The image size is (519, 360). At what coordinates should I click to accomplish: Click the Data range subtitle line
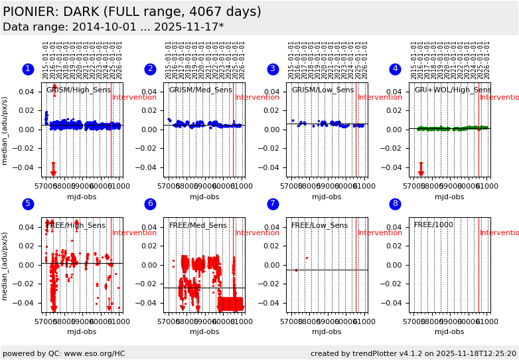pyautogui.click(x=113, y=27)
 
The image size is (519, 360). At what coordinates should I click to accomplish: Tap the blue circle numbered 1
pyautogui.click(x=28, y=69)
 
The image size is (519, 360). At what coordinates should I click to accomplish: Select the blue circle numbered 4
pyautogui.click(x=396, y=69)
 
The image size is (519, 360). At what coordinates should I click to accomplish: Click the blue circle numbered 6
pyautogui.click(x=151, y=205)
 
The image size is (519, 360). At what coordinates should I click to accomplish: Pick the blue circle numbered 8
pyautogui.click(x=396, y=205)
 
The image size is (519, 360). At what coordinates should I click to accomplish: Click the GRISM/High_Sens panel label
pyautogui.click(x=78, y=90)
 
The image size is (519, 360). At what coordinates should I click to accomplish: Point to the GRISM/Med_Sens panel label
pyautogui.click(x=200, y=90)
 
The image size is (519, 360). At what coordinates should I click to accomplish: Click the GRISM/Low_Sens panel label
pyautogui.click(x=323, y=90)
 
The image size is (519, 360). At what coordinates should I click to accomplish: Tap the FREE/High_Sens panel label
pyautogui.click(x=76, y=225)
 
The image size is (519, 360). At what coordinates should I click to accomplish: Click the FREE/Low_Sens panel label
pyautogui.click(x=319, y=225)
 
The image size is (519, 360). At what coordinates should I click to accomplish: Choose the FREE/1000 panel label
pyautogui.click(x=433, y=225)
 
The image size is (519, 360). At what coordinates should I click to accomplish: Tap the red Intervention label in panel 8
pyautogui.click(x=499, y=233)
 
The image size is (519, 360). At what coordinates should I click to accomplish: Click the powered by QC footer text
pyautogui.click(x=64, y=353)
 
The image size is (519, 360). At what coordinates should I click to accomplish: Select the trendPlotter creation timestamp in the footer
pyautogui.click(x=413, y=353)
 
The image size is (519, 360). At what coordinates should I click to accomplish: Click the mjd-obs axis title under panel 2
pyautogui.click(x=204, y=197)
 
